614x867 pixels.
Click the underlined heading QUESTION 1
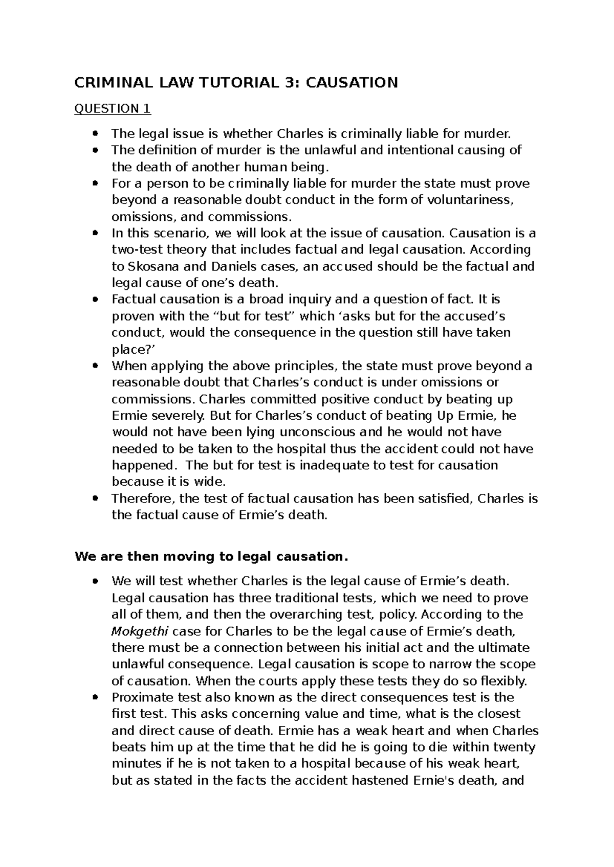tap(113, 108)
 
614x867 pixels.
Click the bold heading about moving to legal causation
tap(211, 556)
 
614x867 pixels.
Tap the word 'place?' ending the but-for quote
tap(129, 350)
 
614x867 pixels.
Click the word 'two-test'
tap(136, 249)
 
